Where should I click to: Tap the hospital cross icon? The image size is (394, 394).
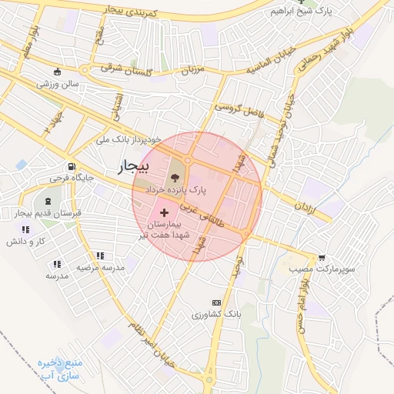coord(163,211)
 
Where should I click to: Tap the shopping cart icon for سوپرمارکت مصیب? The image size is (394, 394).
coord(321,259)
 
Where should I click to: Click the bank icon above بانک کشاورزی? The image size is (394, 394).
coord(216,303)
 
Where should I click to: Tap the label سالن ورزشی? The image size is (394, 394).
coord(56,83)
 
